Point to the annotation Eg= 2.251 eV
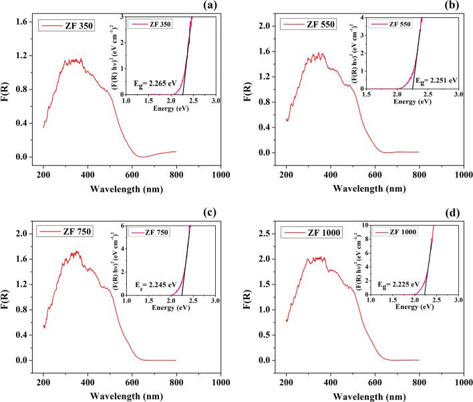click(437, 79)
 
